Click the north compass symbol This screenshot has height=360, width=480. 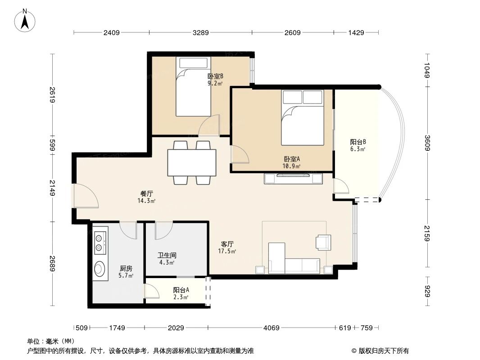coord(26,20)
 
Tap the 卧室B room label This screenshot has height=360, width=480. coord(215,79)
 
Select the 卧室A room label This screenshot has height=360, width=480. coord(292,162)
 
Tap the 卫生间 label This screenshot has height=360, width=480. coord(166,258)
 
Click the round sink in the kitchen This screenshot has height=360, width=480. coord(100,269)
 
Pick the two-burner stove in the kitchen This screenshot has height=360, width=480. coord(100,242)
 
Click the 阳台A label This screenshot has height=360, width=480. coord(181,293)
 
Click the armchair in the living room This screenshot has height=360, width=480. coord(323,242)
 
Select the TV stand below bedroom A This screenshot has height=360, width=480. coord(294,179)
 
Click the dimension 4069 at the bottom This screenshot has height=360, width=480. coord(272,328)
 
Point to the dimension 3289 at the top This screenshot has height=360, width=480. coord(200,32)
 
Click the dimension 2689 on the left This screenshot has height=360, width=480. coord(53,264)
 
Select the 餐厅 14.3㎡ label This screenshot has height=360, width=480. coord(146,197)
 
